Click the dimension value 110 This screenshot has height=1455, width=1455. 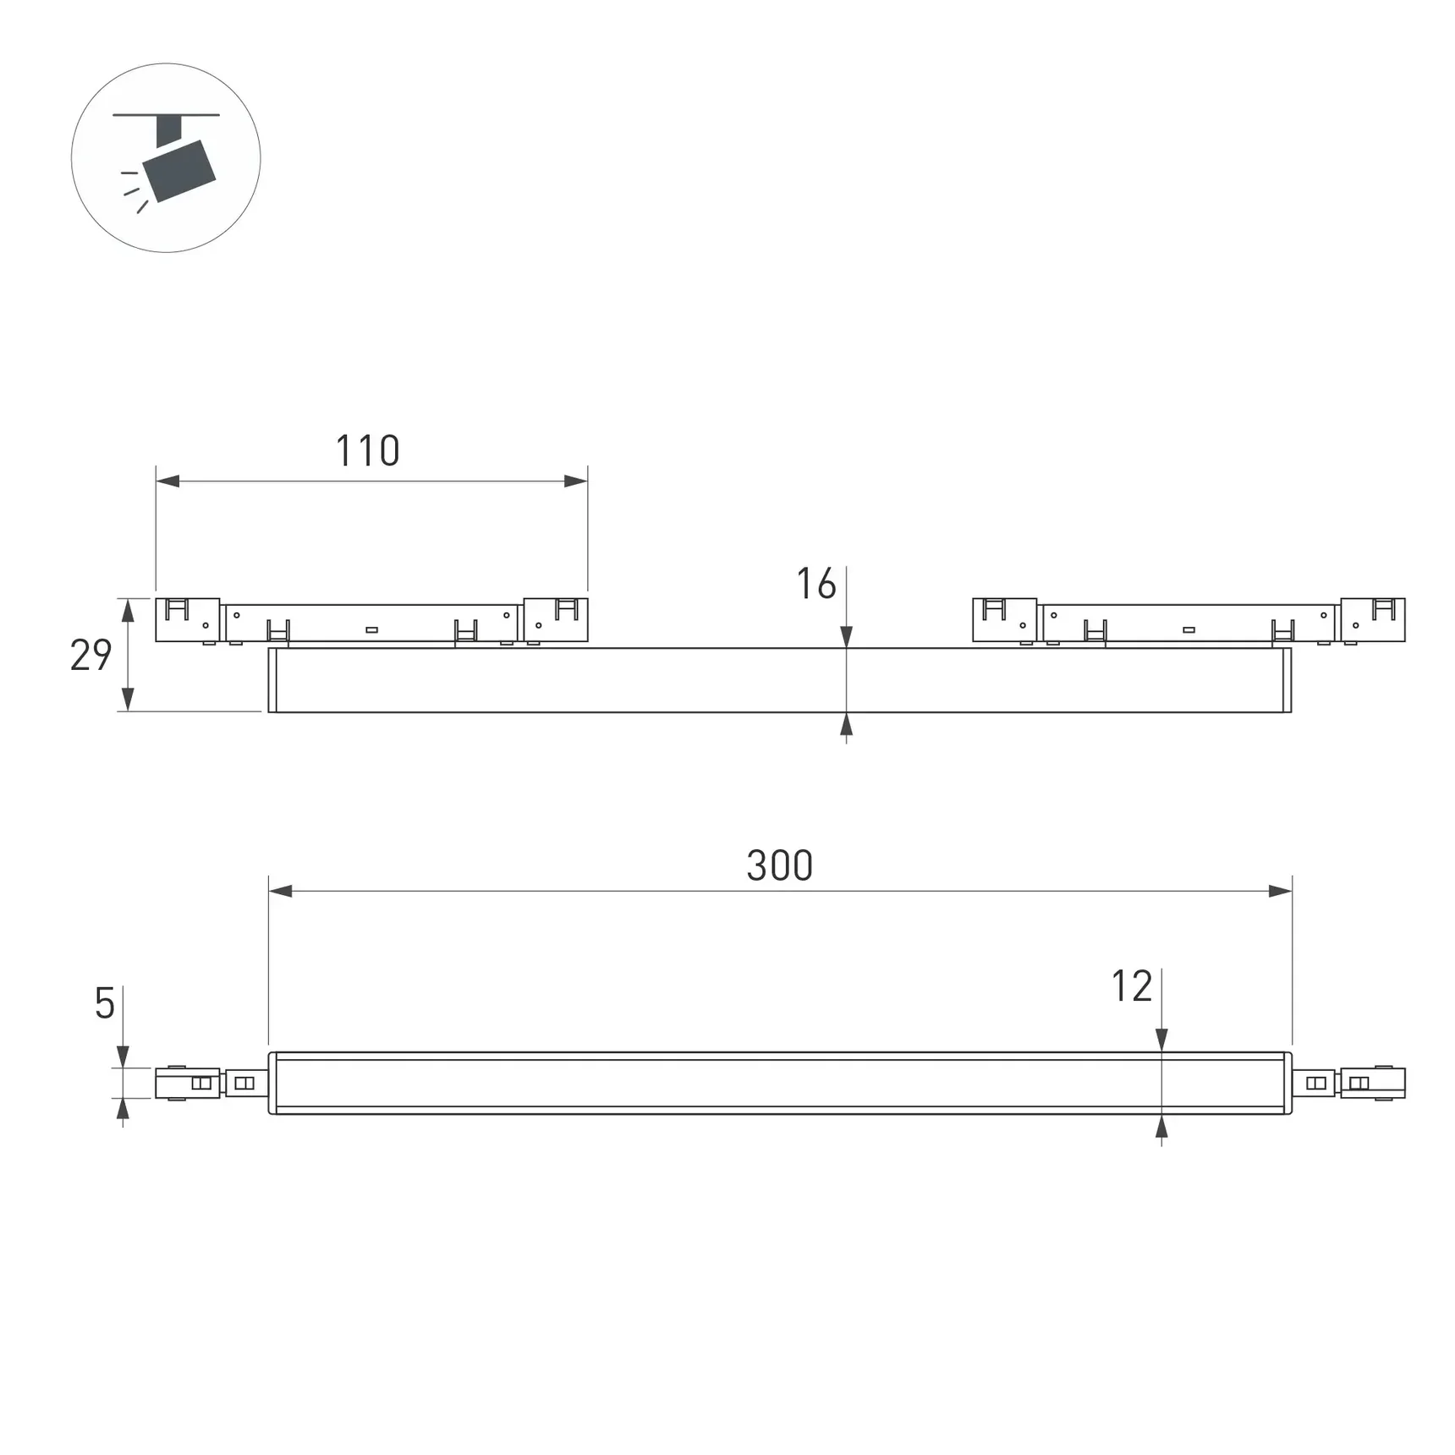click(367, 451)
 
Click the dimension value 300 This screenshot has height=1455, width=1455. click(779, 865)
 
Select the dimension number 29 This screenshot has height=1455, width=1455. click(91, 656)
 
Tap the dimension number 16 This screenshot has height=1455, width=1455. click(815, 585)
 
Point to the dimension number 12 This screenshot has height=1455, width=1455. click(1131, 986)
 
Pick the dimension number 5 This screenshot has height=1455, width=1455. click(104, 1003)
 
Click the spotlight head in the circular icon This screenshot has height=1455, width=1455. click(178, 171)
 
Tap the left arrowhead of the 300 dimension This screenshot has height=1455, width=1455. click(281, 891)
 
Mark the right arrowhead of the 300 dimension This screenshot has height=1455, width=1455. click(1280, 891)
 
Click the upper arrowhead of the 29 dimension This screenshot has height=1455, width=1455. click(128, 610)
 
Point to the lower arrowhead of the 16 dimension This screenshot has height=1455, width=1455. click(846, 724)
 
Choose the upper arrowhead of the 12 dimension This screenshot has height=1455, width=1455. click(1161, 1040)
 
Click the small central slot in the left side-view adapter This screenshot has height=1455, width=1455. click(371, 629)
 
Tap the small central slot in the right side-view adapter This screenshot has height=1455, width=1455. click(1189, 629)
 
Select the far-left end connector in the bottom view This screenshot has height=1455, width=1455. click(187, 1083)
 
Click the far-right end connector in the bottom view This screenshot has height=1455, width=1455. click(1373, 1083)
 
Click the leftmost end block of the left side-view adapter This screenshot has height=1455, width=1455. click(187, 620)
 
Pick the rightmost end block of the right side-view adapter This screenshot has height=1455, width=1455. click(1373, 620)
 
